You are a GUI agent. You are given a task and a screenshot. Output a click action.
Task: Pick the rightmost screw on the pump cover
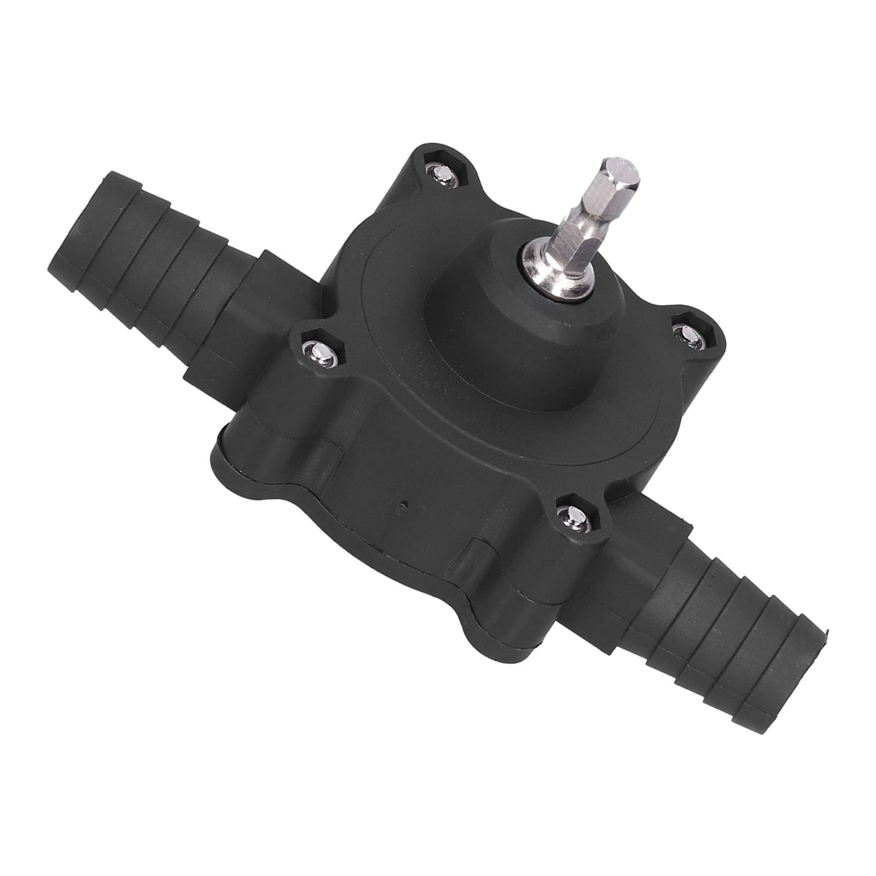(684, 332)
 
